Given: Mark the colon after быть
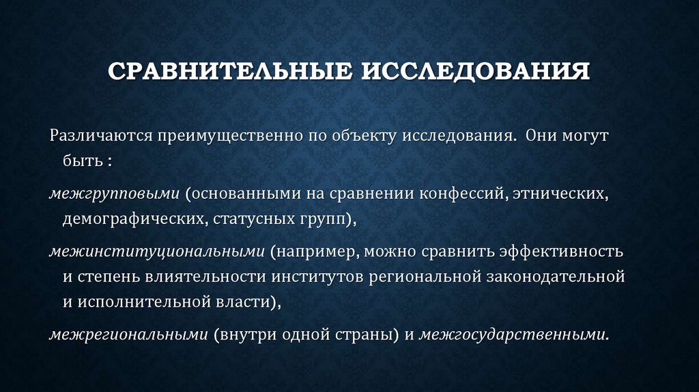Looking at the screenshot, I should [x=109, y=163].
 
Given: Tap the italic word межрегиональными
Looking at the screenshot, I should [x=128, y=335].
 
